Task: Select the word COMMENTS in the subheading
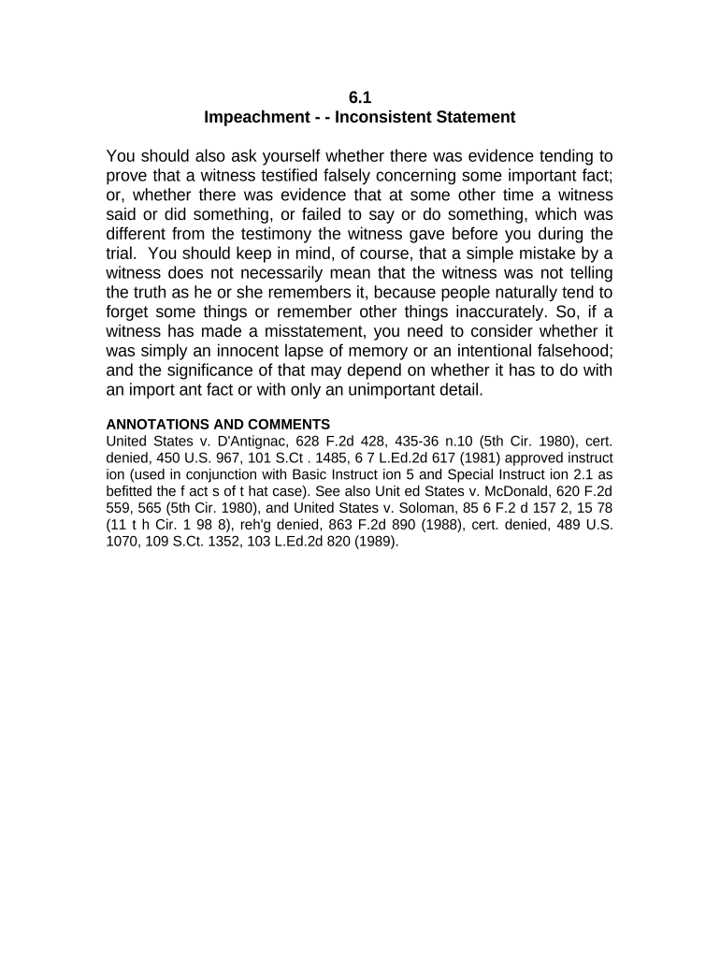[x=289, y=424]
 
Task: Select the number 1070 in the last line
[x=123, y=541]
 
